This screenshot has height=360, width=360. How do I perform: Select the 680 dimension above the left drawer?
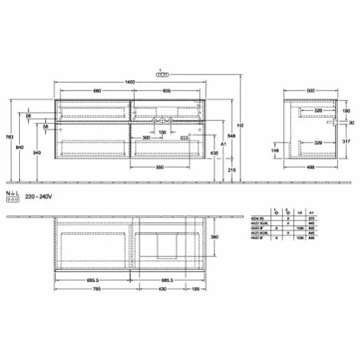(x=97, y=91)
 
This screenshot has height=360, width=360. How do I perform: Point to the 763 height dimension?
(x=8, y=136)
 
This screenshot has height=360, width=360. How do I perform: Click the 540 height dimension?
(x=36, y=153)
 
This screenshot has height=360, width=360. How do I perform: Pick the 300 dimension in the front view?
(x=146, y=138)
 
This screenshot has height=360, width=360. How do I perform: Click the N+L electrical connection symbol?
(x=11, y=197)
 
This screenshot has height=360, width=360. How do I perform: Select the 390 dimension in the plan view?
(x=217, y=240)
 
